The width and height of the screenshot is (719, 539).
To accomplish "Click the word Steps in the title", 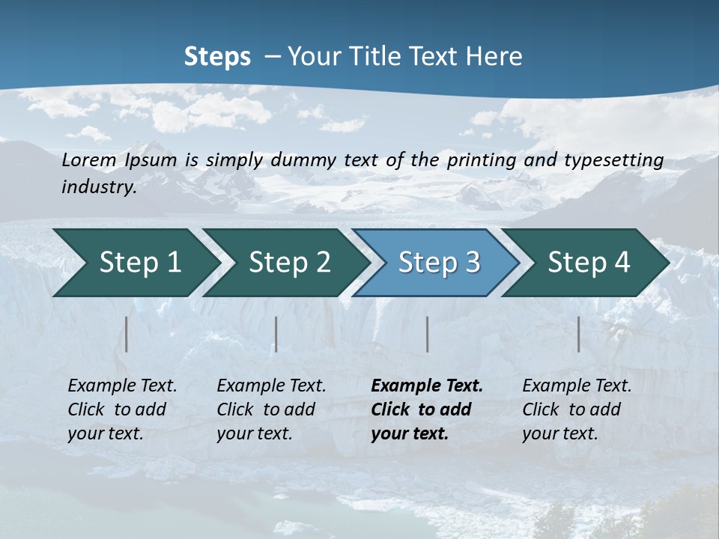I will pos(217,57).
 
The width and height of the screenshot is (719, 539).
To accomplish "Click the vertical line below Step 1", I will pos(127,334).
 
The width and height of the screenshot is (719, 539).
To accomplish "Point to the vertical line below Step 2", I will pos(276,334).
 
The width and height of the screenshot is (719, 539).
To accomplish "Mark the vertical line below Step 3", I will pos(428,334).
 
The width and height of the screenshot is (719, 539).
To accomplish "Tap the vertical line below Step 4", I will pos(579,334).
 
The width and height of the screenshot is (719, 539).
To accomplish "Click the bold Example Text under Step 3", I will pos(427,386).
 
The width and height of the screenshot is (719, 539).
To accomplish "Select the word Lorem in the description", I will pos(89,159).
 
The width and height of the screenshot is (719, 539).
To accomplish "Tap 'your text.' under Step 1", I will pos(106,433).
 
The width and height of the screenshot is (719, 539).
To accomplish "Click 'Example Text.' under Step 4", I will pos(577,386).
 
